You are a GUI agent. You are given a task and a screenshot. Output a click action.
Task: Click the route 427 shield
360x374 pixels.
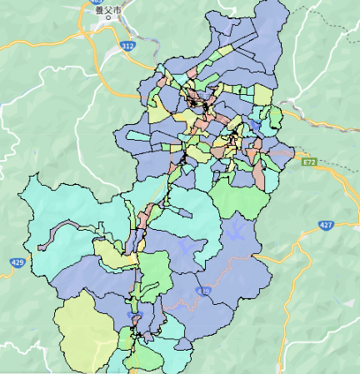326,225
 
